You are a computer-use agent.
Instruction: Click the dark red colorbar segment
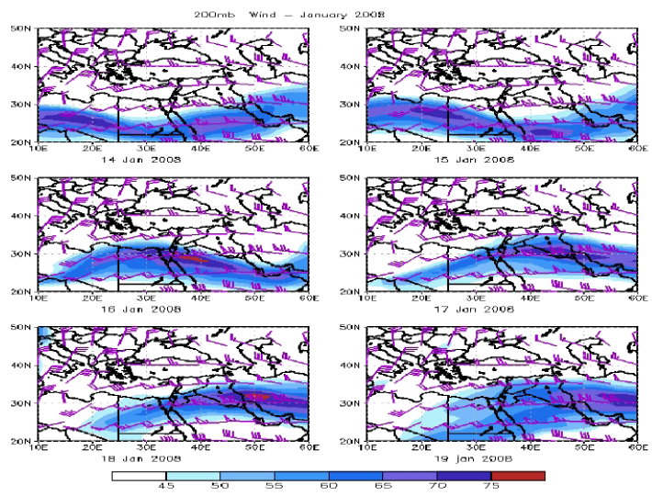click(x=518, y=476)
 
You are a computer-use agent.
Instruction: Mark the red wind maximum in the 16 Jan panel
click(x=188, y=259)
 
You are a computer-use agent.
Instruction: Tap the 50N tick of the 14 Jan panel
click(x=23, y=29)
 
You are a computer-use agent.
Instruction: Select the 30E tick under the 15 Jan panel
click(x=476, y=149)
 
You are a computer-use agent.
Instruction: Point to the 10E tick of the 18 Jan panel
click(x=39, y=447)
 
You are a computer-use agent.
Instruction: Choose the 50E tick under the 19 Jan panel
click(x=583, y=447)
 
